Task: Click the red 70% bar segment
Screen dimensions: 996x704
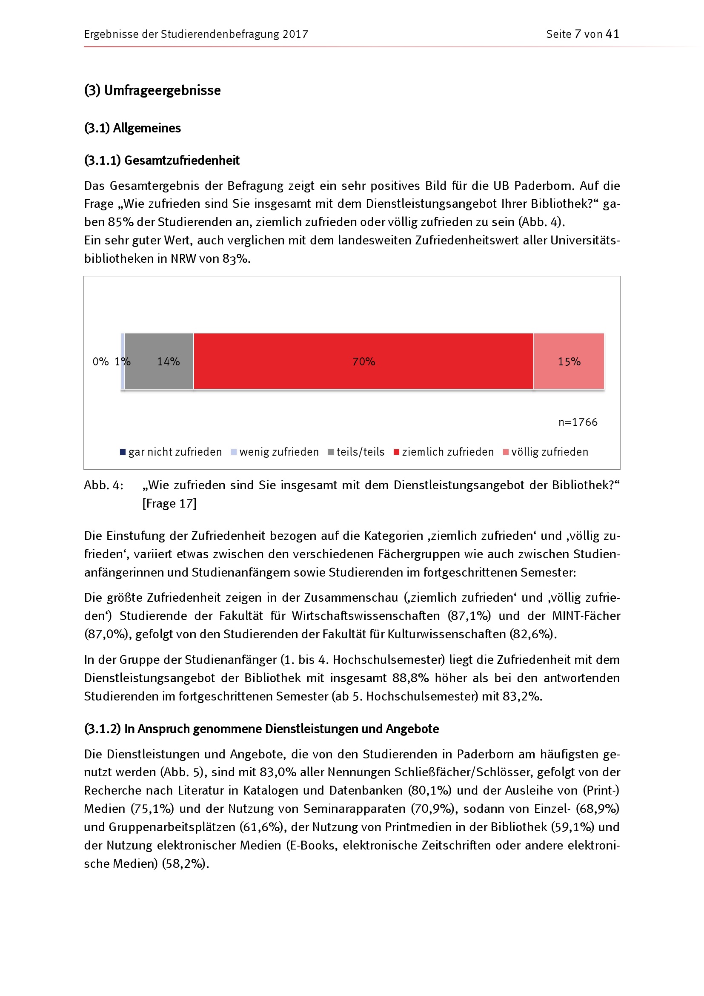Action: point(363,361)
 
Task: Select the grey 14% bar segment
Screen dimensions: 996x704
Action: point(159,361)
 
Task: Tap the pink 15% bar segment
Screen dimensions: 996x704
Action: point(569,361)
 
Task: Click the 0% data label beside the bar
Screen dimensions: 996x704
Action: point(100,362)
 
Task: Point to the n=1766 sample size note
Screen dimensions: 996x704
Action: point(578,422)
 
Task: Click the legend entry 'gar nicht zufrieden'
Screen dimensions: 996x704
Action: point(171,452)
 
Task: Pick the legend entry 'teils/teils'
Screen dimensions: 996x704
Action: point(356,452)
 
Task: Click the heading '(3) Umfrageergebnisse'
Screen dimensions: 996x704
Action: point(153,90)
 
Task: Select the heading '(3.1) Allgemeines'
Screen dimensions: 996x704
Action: point(132,128)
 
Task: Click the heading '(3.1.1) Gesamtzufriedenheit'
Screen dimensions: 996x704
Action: point(162,161)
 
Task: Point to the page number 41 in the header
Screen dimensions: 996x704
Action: point(612,34)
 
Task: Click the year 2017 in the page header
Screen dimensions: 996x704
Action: point(295,34)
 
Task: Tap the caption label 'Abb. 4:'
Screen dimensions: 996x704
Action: point(103,485)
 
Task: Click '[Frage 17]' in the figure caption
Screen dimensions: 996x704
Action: point(169,503)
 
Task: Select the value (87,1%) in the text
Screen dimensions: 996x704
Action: point(469,616)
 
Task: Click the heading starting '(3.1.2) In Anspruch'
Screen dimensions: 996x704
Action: point(261,729)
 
